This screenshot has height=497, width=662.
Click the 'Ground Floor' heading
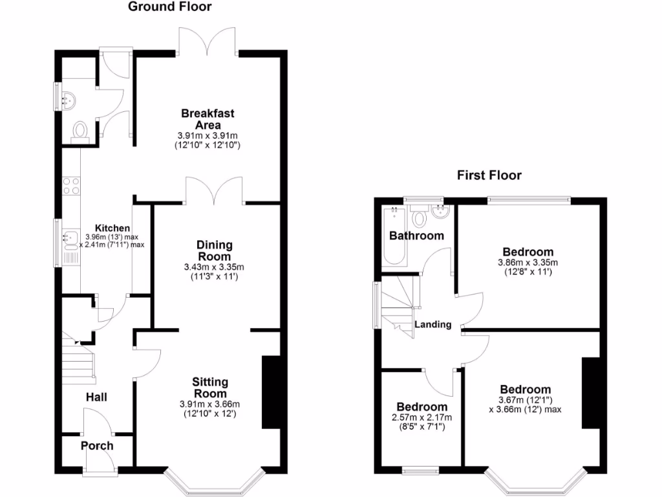169,7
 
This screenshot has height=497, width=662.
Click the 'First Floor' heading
489,175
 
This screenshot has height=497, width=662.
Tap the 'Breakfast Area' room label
208,119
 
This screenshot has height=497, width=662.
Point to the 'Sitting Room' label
210,388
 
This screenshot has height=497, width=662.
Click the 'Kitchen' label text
112,228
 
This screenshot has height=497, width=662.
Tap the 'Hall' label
96,397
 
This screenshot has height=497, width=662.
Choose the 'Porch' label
97,446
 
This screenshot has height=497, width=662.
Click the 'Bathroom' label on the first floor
416,236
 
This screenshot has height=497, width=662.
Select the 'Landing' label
432,324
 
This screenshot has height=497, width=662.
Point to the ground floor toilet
81,131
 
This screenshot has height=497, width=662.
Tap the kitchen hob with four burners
71,186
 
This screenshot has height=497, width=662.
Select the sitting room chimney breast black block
270,392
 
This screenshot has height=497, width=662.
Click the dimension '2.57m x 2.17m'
422,417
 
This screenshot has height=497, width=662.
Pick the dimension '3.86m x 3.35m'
527,263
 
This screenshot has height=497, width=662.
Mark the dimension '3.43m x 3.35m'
214,267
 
